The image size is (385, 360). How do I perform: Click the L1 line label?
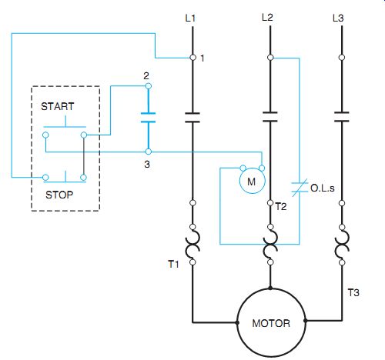coord(190,18)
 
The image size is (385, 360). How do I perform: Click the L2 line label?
coord(267,18)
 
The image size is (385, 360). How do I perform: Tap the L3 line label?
coord(338,18)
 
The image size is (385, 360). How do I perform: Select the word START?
coord(58,106)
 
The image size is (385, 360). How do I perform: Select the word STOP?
coord(59,195)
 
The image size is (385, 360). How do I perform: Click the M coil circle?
coord(253,181)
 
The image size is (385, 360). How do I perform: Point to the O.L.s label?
coord(323,188)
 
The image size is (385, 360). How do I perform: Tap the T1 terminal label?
coord(173,264)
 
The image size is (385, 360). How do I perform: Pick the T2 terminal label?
coord(281,206)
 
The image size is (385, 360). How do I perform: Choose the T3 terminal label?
coord(353,292)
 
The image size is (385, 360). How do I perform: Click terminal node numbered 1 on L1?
coord(193,58)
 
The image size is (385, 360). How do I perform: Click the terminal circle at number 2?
coord(148,86)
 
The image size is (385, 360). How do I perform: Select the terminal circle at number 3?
coord(148,152)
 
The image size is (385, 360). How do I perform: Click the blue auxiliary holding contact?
coord(148,118)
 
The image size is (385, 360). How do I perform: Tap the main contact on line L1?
coord(192,118)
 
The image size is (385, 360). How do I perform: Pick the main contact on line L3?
coord(342,117)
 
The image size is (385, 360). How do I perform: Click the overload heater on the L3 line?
coord(342,245)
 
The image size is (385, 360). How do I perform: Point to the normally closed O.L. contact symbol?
coord(300,188)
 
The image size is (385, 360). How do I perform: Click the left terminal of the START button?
coord(45,135)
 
